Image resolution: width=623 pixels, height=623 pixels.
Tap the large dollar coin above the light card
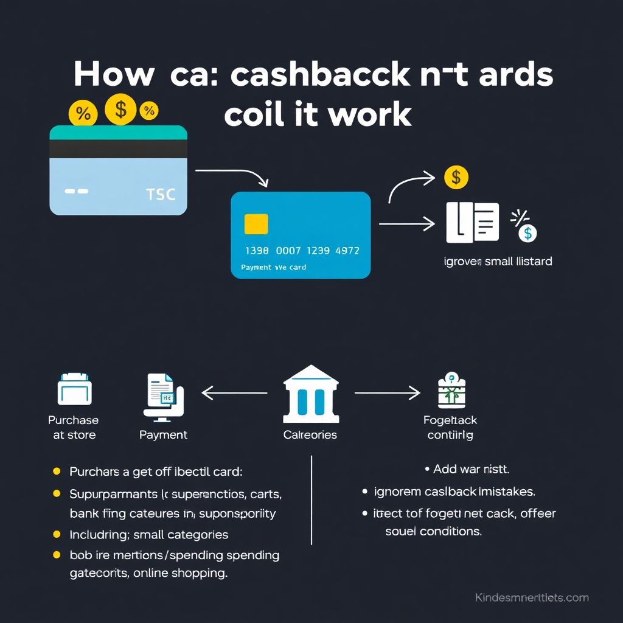pos(120,110)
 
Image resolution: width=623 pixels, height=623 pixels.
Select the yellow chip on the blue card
pos(256,224)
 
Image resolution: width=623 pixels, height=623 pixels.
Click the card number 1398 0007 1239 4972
pos(302,251)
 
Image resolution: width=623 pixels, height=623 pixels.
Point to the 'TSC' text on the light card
pos(161,195)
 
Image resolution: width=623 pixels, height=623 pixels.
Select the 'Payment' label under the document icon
pos(163,434)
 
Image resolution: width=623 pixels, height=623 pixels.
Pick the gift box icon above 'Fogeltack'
pos(451,391)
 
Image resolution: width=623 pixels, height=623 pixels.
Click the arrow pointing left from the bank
pos(234,393)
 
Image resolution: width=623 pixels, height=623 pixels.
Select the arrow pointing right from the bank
pos(388,393)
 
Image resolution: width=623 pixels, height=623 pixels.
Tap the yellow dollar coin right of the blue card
pos(456,178)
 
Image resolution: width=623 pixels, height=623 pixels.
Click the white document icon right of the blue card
pos(472,223)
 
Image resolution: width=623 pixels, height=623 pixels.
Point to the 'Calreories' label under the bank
pos(310,434)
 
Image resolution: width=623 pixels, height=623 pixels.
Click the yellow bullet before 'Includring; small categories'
pos(57,534)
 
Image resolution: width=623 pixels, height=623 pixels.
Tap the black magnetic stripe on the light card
pos(118,148)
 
